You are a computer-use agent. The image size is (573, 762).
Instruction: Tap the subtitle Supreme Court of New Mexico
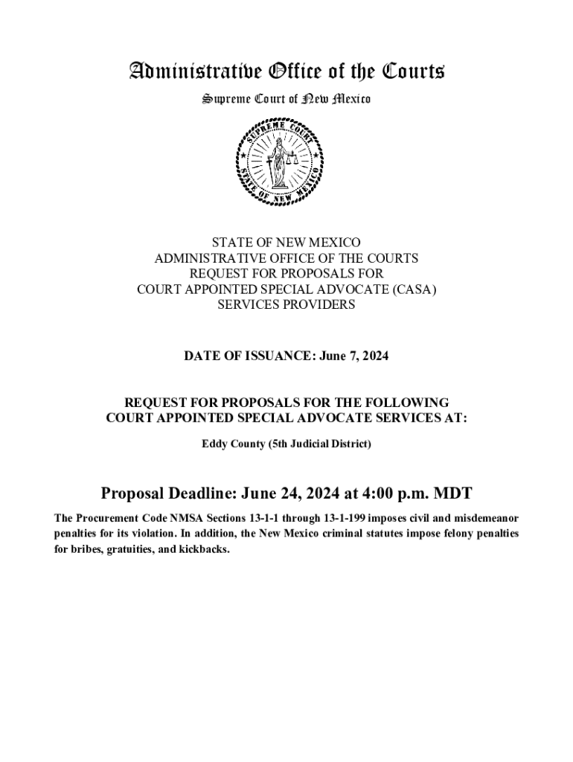[286, 99]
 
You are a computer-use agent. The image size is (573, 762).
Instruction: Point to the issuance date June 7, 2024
[354, 357]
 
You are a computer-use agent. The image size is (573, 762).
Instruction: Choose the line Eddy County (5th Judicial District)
[286, 444]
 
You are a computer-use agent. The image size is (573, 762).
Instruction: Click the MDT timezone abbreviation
[452, 493]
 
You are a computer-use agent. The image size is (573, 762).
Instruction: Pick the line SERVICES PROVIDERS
[286, 305]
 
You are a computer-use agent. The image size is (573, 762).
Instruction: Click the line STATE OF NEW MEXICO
[286, 243]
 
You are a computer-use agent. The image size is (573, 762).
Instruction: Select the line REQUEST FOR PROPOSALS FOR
[286, 274]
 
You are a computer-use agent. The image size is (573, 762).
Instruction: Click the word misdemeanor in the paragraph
[484, 518]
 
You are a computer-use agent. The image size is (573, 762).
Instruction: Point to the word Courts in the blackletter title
[414, 72]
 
